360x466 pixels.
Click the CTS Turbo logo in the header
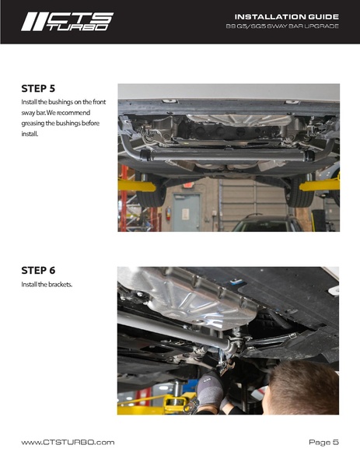pos(67,22)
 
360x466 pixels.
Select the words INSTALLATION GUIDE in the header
pos(287,16)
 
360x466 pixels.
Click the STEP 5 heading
pos(38,89)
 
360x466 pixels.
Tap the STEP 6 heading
pos(38,271)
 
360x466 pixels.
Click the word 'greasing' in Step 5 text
pos(33,124)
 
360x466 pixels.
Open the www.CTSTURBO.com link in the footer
pos(68,442)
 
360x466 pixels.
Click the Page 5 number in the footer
pos(323,443)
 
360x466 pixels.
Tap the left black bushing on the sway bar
pos(145,155)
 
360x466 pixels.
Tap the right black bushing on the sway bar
pos(309,156)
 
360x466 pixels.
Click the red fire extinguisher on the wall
pos(169,213)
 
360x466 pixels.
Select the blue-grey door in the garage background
pos(187,212)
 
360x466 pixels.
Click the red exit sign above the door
pos(188,185)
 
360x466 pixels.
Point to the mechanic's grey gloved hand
pos(210,388)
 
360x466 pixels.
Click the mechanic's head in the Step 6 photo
pos(302,388)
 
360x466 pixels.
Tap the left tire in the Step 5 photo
pos(151,191)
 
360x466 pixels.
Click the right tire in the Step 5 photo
pos(301,191)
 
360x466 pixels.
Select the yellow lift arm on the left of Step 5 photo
pos(137,186)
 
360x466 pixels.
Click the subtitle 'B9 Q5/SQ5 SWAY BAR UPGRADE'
pos(282,26)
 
